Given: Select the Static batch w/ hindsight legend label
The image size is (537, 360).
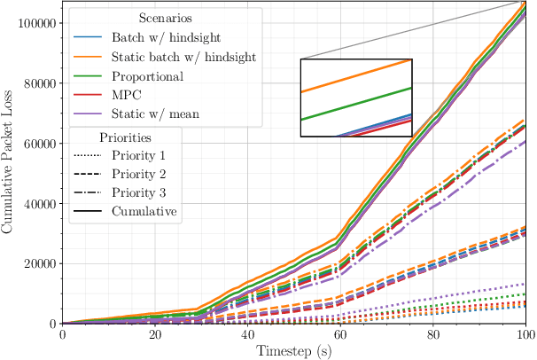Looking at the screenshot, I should click(184, 58).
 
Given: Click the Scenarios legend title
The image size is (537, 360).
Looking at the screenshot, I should click(166, 20).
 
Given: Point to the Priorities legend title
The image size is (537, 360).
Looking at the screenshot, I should click(125, 138).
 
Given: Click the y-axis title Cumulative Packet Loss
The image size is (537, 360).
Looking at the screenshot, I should click(8, 162).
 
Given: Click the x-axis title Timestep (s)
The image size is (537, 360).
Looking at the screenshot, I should click(294, 351).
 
